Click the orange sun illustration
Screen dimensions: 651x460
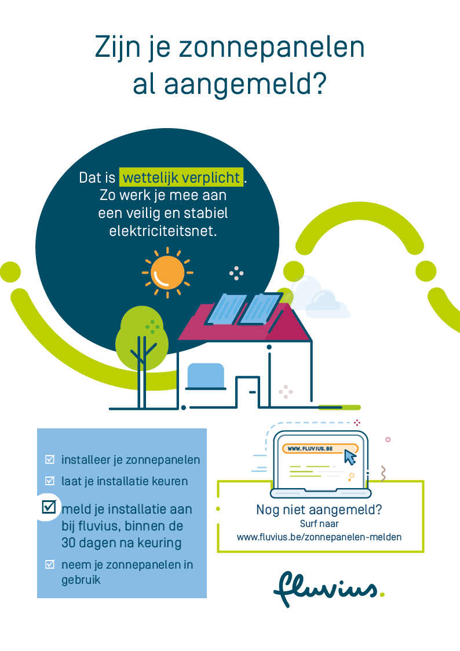click(167, 272)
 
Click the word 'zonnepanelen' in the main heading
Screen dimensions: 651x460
click(272, 48)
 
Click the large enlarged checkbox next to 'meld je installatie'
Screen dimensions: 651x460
click(49, 506)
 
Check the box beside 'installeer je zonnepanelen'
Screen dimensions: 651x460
click(50, 460)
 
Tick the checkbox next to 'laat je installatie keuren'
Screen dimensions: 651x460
click(50, 481)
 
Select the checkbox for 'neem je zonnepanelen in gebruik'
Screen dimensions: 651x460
click(50, 564)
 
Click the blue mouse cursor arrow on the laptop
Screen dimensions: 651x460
click(350, 456)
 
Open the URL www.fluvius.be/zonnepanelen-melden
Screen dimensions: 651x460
click(319, 537)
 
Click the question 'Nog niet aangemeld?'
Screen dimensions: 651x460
click(319, 510)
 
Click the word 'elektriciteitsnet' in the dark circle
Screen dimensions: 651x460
click(162, 231)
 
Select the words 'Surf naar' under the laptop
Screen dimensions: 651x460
click(319, 524)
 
